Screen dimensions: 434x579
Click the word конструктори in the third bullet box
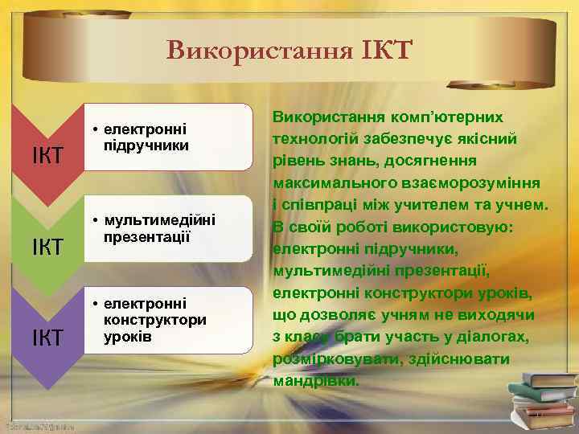point(155,319)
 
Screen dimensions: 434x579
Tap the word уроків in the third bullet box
point(126,334)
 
